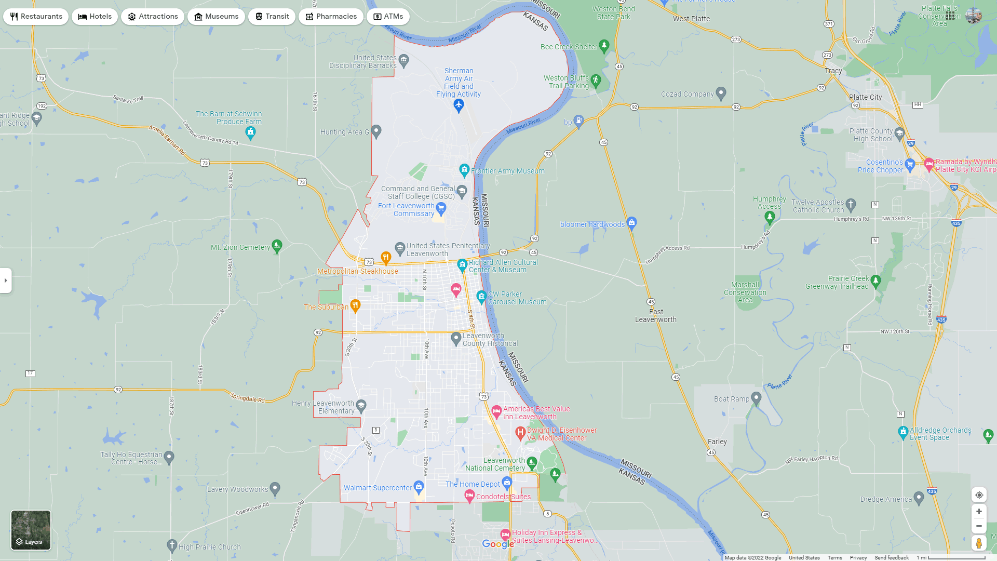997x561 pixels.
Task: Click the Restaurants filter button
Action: pyautogui.click(x=36, y=17)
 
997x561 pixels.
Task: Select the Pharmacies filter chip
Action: pyautogui.click(x=331, y=17)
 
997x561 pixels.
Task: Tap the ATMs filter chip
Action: pyautogui.click(x=388, y=17)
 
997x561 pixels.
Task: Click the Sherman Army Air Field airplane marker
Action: pyautogui.click(x=459, y=105)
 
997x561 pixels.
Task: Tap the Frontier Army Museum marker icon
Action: pyautogui.click(x=464, y=170)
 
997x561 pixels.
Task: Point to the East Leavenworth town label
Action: pyautogui.click(x=655, y=316)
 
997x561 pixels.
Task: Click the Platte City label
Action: pyautogui.click(x=865, y=97)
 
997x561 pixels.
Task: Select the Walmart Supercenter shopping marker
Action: pyautogui.click(x=419, y=487)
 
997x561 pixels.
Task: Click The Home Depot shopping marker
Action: pyautogui.click(x=507, y=483)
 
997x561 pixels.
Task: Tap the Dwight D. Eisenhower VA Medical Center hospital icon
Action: pyautogui.click(x=520, y=432)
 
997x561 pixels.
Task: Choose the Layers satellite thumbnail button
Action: pyautogui.click(x=31, y=530)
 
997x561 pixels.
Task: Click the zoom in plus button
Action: pyautogui.click(x=979, y=512)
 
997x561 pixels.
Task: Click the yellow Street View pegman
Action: pyautogui.click(x=979, y=543)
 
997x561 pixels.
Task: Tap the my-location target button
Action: pyautogui.click(x=979, y=495)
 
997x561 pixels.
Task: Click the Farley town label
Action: pyautogui.click(x=717, y=442)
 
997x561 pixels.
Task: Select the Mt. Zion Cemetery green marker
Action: pyautogui.click(x=277, y=246)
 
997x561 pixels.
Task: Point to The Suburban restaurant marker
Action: pyautogui.click(x=355, y=305)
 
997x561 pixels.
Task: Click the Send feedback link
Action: pyautogui.click(x=891, y=558)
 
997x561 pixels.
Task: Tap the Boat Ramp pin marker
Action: pyautogui.click(x=756, y=398)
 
